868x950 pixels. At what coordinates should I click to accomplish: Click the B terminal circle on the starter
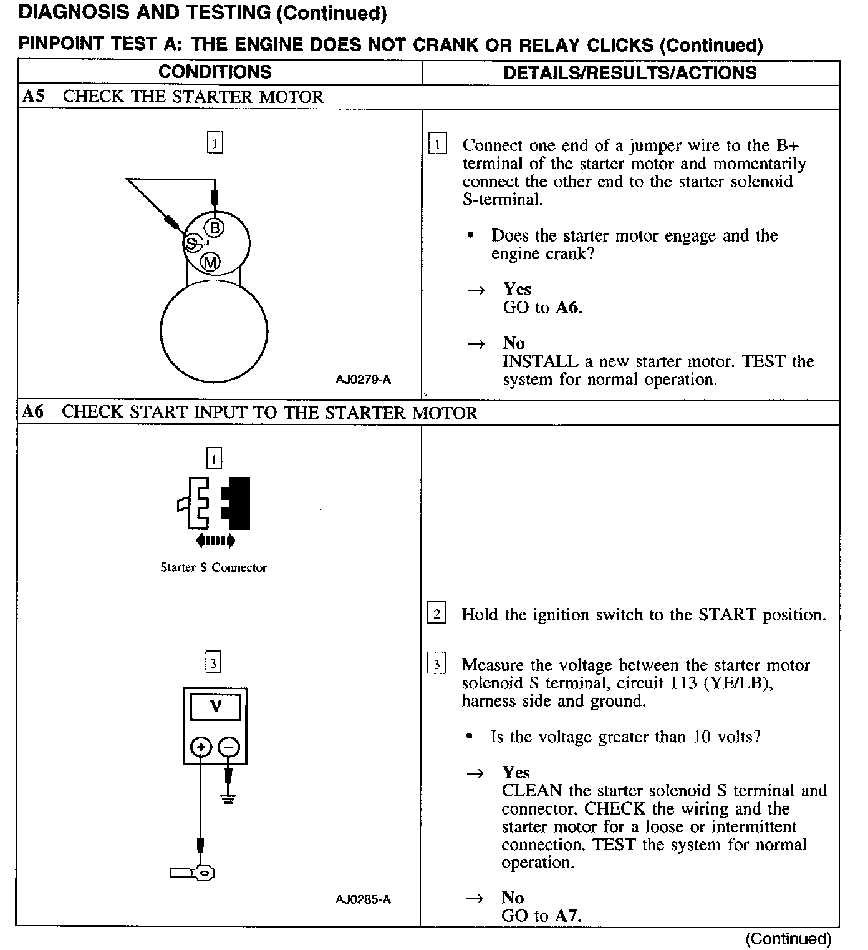[215, 228]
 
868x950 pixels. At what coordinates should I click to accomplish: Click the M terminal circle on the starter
[211, 262]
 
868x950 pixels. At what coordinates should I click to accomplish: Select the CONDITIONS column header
[215, 72]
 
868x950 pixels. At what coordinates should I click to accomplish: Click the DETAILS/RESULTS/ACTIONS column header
[630, 72]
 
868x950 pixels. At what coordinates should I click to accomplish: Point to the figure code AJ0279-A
[363, 380]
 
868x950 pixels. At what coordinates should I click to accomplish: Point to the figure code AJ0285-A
[363, 899]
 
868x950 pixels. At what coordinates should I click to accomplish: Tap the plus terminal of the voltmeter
[201, 747]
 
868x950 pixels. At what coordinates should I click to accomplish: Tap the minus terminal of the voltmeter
[229, 747]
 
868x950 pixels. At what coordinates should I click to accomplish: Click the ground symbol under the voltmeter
[228, 798]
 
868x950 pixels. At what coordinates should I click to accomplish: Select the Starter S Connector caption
[213, 567]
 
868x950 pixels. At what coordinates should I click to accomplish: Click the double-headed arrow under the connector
[215, 540]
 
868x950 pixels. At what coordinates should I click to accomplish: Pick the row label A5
[33, 97]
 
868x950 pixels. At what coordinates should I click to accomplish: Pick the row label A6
[33, 412]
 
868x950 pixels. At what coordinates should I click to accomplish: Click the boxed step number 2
[436, 614]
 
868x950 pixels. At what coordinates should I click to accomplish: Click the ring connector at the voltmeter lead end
[203, 872]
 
